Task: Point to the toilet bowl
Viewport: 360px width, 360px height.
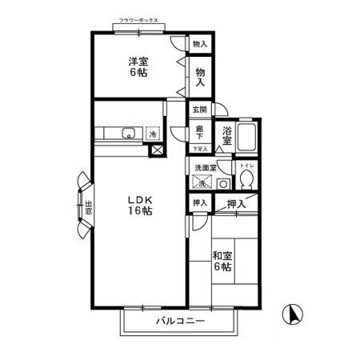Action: tap(248, 178)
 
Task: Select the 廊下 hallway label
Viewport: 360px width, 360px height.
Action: tap(198, 132)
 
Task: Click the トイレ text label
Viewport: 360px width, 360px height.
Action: tap(247, 163)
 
